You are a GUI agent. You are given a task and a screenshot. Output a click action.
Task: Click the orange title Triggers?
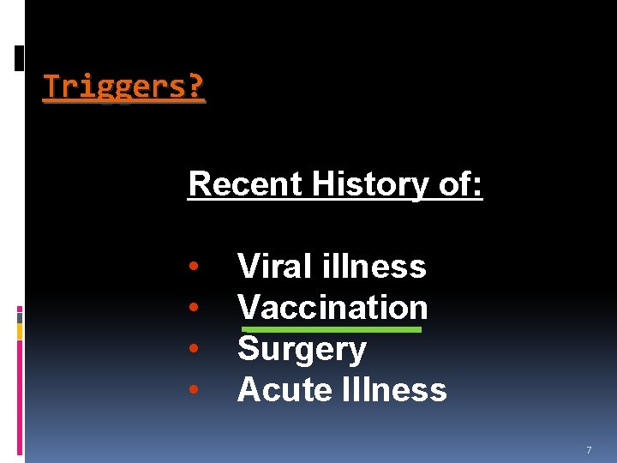(x=124, y=87)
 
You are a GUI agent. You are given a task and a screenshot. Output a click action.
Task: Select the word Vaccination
(x=332, y=307)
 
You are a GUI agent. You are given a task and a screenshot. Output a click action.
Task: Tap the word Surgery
(x=302, y=349)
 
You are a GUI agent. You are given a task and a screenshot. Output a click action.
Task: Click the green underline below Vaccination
(x=332, y=328)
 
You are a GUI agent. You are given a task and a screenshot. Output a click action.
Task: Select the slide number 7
(x=589, y=450)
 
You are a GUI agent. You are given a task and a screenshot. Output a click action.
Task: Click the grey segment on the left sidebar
(x=20, y=316)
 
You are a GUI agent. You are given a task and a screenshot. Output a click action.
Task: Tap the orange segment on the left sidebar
(x=20, y=330)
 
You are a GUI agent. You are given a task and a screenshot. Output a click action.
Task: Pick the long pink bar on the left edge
(x=20, y=394)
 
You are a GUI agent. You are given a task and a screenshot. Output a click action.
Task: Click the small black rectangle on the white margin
(x=20, y=57)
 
